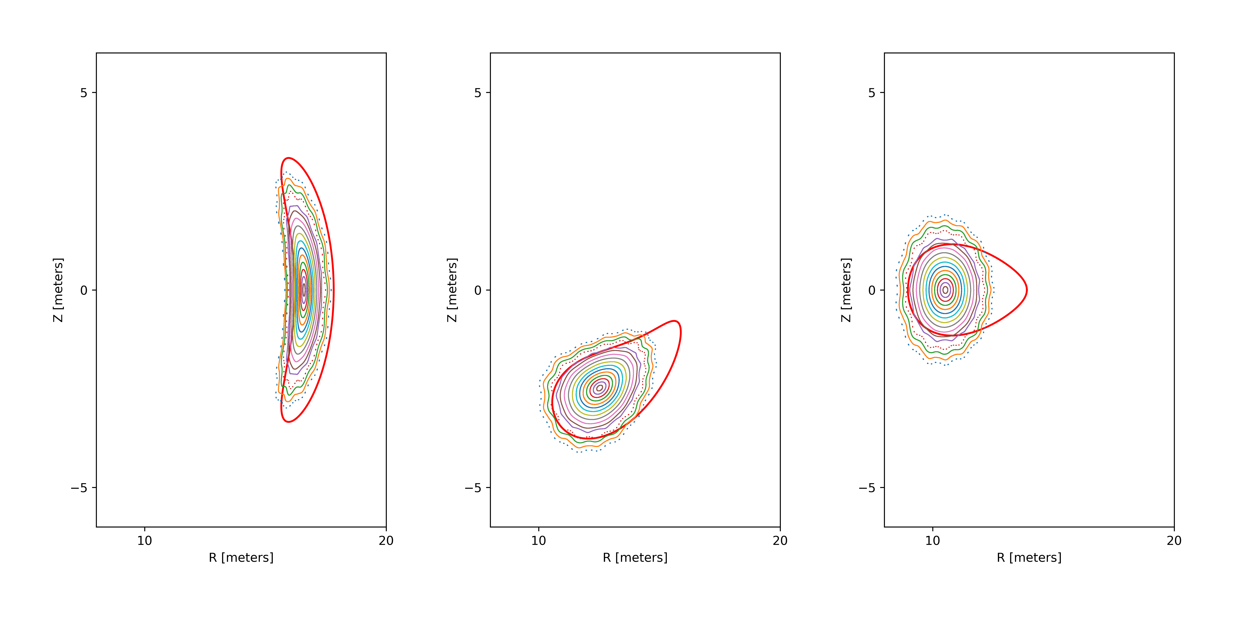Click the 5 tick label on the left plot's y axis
(x=84, y=93)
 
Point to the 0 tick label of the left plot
(x=84, y=290)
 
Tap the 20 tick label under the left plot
(x=386, y=541)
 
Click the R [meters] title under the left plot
(x=241, y=558)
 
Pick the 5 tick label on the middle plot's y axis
(x=478, y=93)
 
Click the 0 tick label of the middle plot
(x=478, y=290)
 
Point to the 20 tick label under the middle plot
(x=780, y=541)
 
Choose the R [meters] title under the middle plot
(x=635, y=558)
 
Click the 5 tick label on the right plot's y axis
(x=872, y=93)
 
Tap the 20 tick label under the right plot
(x=1174, y=541)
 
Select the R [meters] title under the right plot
(x=1029, y=558)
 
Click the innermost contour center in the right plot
(x=945, y=290)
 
